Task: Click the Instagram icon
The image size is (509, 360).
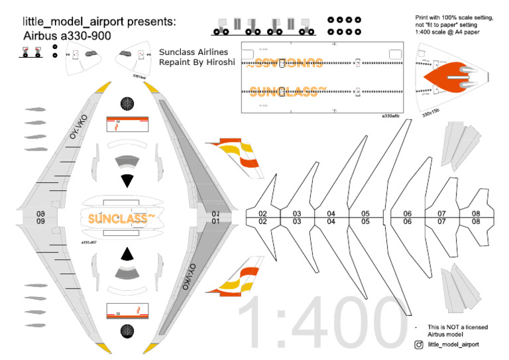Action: (x=419, y=345)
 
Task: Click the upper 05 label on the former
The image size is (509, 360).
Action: (x=365, y=213)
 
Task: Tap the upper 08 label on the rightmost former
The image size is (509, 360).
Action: (x=475, y=213)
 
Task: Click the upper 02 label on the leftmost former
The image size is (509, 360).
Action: (x=262, y=213)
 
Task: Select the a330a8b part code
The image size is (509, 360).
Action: (x=391, y=115)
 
